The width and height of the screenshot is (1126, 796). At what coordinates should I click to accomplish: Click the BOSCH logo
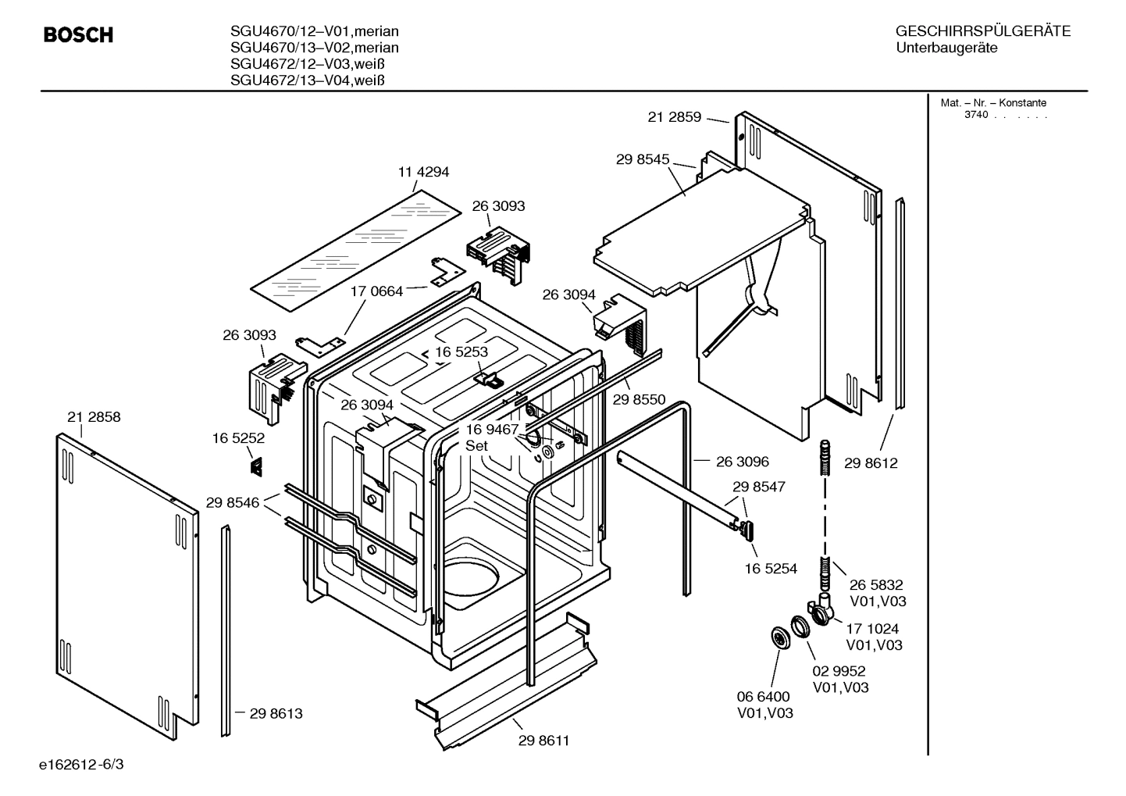[x=78, y=35]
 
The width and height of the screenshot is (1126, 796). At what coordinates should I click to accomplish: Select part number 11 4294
[x=423, y=172]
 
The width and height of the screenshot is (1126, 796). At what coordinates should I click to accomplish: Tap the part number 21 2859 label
[x=675, y=117]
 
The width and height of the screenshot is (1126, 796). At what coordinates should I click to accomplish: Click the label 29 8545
[x=643, y=159]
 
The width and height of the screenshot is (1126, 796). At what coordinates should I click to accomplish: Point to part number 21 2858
[x=94, y=417]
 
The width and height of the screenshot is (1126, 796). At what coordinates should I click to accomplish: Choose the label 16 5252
[x=238, y=439]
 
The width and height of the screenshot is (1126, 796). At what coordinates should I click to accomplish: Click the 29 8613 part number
[x=276, y=713]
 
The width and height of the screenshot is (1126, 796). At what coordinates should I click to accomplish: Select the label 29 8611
[x=543, y=741]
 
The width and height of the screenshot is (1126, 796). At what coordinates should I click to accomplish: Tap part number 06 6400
[x=763, y=696]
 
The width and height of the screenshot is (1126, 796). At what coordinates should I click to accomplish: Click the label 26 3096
[x=742, y=462]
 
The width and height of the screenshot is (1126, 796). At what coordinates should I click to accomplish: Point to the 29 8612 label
[x=871, y=463]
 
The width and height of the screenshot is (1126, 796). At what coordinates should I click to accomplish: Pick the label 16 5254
[x=771, y=569]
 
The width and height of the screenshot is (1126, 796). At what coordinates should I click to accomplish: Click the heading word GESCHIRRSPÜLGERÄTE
[x=982, y=32]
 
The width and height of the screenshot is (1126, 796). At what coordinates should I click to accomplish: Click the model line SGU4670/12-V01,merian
[x=314, y=32]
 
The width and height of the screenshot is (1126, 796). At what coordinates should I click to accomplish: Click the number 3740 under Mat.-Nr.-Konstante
[x=976, y=115]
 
